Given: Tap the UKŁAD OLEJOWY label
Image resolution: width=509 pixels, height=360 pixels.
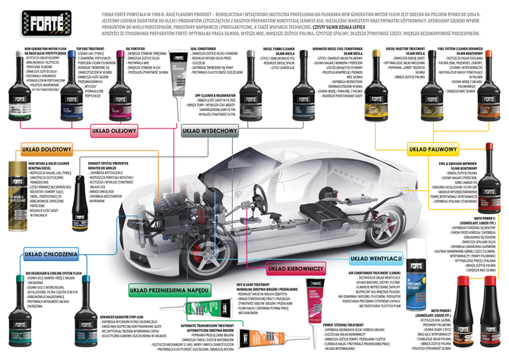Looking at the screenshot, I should click(113, 130).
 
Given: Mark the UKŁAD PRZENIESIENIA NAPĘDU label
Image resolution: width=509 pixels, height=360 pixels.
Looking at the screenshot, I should click(162, 289).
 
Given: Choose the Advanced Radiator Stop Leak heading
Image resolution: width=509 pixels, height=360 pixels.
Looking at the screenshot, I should click(100, 315).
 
